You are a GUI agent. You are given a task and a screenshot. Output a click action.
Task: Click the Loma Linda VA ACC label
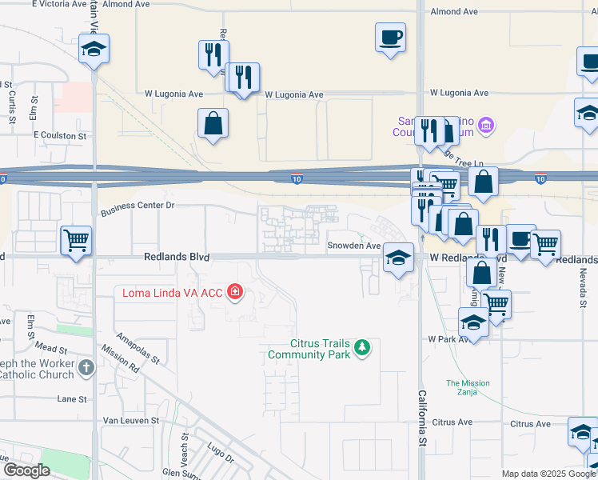tap(172, 292)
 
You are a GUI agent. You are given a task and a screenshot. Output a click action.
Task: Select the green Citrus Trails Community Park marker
tap(363, 347)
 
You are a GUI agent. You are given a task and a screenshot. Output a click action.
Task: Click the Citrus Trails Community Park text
tap(309, 349)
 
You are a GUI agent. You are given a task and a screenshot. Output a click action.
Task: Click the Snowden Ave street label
tap(354, 246)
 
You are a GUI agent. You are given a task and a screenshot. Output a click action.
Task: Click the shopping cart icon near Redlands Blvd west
tap(76, 239)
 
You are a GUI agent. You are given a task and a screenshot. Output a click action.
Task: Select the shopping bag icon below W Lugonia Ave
tap(213, 123)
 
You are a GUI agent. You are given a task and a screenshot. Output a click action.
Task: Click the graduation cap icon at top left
tap(94, 50)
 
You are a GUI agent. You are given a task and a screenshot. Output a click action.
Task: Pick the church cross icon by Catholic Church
tap(86, 368)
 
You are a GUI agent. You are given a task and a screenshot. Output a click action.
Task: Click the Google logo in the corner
tap(26, 470)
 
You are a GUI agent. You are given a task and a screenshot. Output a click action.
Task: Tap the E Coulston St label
tap(60, 136)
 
